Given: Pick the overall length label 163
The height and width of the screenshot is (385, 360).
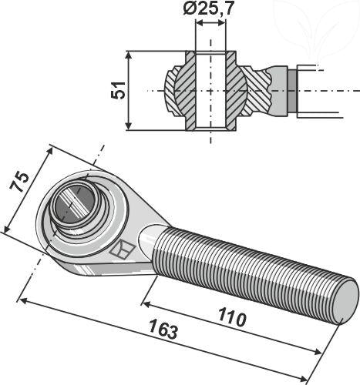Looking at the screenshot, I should [163, 332].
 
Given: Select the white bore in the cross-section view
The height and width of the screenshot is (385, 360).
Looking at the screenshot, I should [211, 91].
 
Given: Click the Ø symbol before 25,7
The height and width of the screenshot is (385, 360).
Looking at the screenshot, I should [190, 11].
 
